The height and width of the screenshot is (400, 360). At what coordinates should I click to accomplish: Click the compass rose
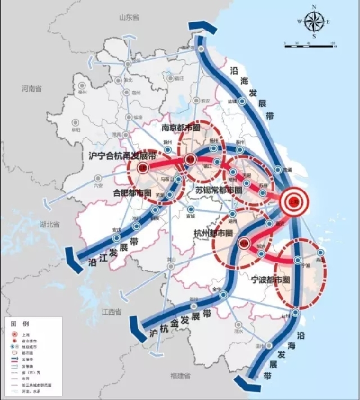coord(314,22)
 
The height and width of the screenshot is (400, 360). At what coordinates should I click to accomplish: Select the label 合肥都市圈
coord(131,193)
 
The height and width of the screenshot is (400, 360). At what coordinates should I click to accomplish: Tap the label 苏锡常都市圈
coord(218,190)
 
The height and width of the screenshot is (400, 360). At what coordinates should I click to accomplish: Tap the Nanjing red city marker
coord(190,160)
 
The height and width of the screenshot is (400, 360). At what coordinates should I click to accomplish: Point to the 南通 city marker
coord(278,170)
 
